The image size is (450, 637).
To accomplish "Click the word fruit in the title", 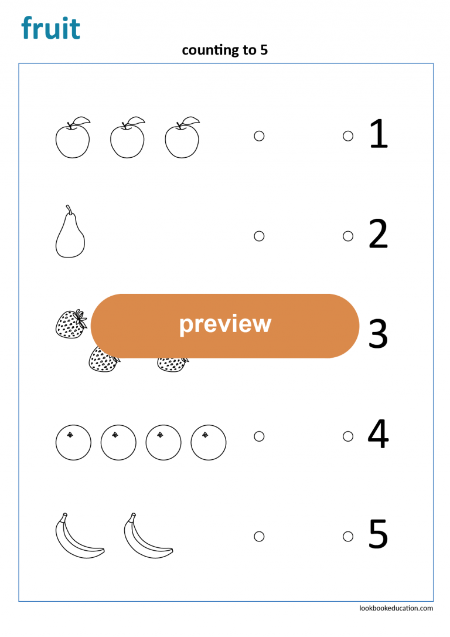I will [x=50, y=28].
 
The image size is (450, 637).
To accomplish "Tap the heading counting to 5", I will [x=224, y=50].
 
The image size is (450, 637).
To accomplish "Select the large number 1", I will [x=379, y=134].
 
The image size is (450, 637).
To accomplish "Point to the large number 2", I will [x=379, y=235].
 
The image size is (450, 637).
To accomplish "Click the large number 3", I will [x=379, y=335].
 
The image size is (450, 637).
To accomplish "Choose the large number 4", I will [x=378, y=435].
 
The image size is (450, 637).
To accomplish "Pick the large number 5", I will [x=379, y=535].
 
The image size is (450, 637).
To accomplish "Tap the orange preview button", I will [x=225, y=326].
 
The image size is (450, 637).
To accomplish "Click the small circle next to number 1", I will [x=348, y=136].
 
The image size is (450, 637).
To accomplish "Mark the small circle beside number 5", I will [x=348, y=536].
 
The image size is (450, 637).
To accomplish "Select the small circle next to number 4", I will [x=348, y=436].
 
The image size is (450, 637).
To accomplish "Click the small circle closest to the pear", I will [x=259, y=236].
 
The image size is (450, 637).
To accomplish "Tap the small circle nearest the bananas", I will [x=259, y=536].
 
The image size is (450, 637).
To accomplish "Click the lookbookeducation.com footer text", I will [x=396, y=608].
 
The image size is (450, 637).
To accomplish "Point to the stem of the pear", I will [x=69, y=210].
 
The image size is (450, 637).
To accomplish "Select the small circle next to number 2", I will [x=348, y=236].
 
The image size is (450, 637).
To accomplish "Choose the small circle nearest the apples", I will [x=259, y=136].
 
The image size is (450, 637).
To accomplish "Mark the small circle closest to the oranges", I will [x=259, y=436].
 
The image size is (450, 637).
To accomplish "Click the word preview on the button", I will [x=225, y=324].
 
